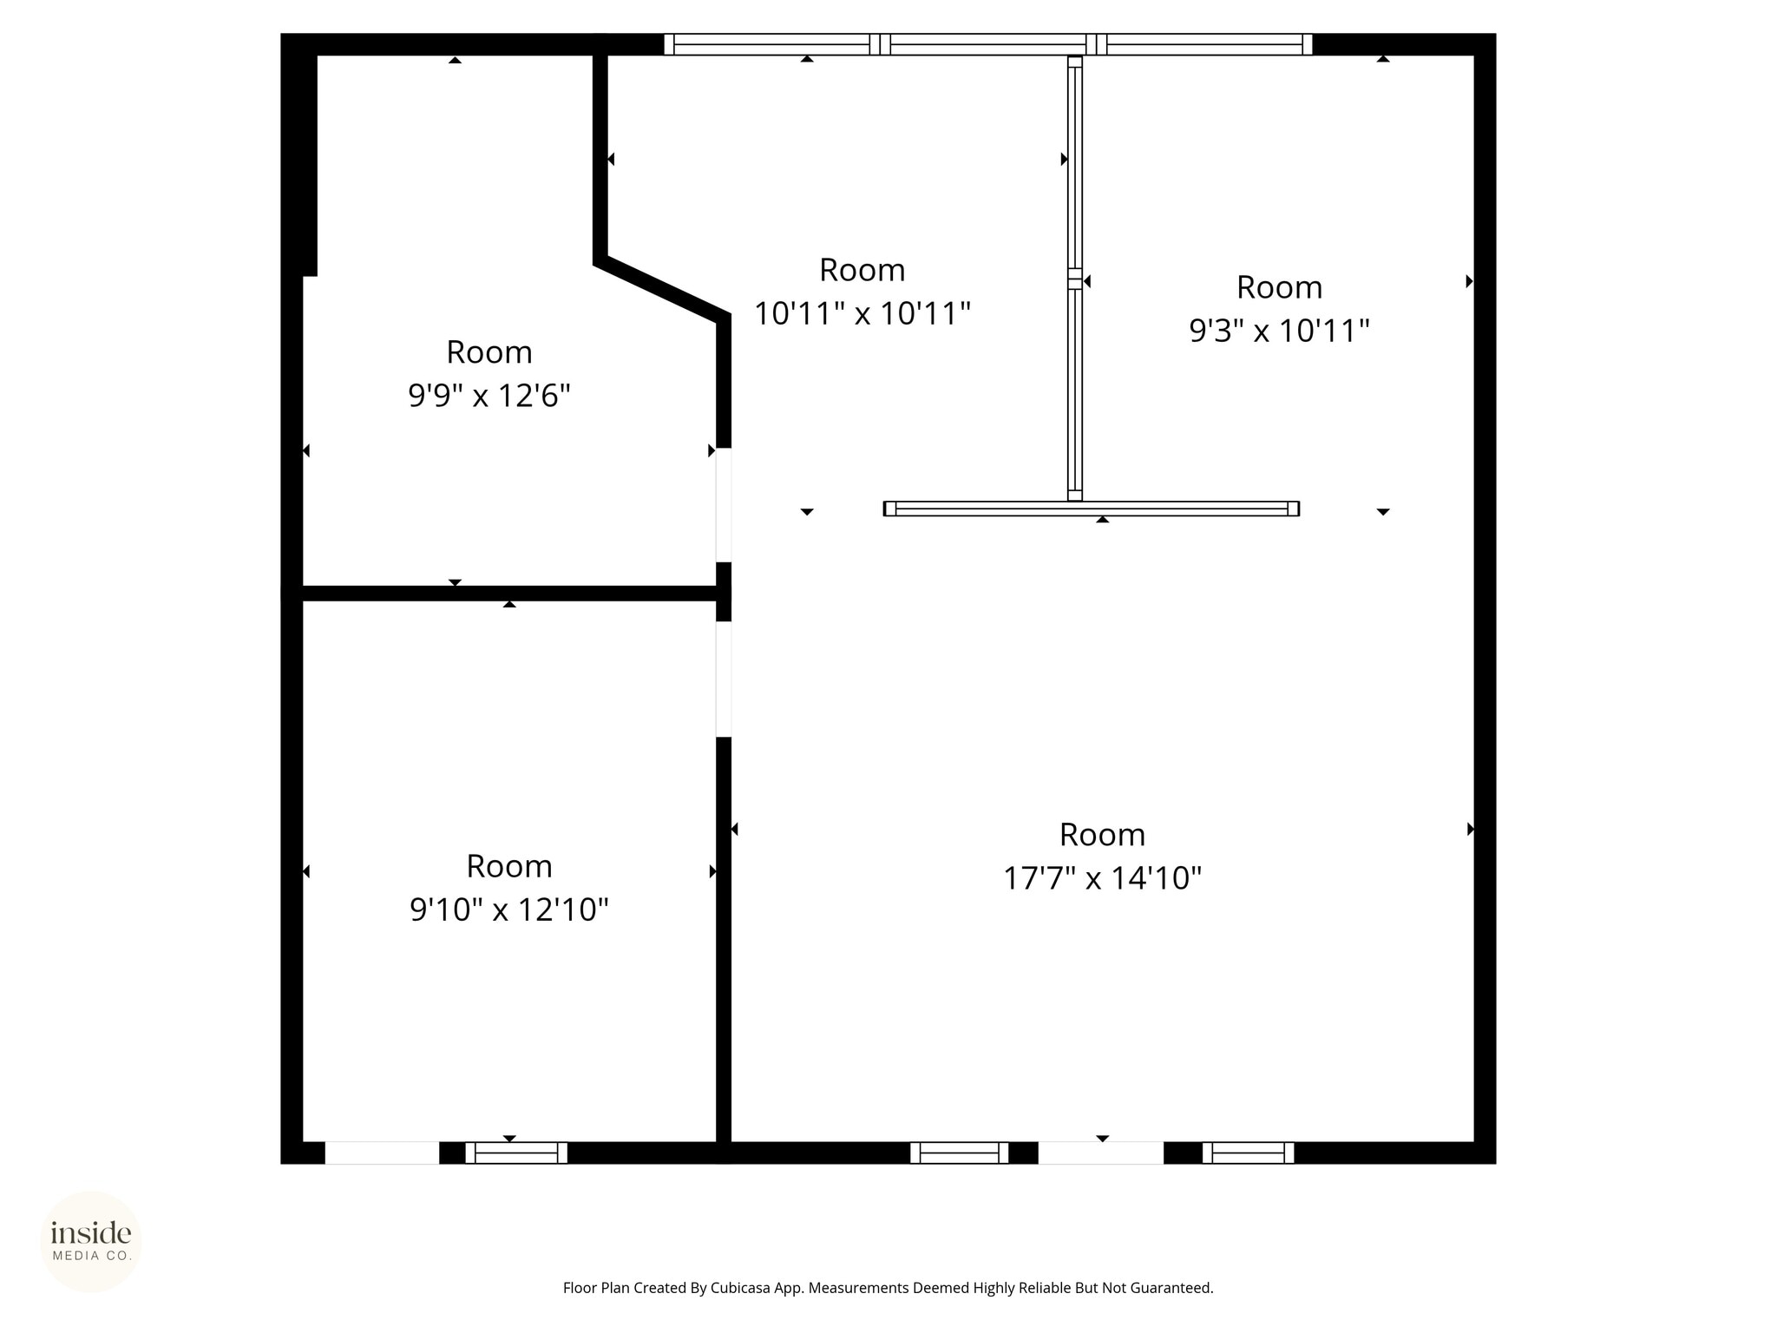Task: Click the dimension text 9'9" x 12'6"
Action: [x=489, y=396]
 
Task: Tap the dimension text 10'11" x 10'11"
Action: [x=862, y=313]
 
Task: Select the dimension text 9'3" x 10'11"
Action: [x=1279, y=331]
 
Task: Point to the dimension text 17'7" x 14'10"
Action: [x=1102, y=878]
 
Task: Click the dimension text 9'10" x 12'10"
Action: [x=509, y=909]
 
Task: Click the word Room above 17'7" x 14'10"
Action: [x=1102, y=835]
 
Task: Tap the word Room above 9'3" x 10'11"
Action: [x=1279, y=287]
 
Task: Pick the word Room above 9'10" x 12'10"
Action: [x=509, y=866]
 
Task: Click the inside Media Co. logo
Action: [x=91, y=1241]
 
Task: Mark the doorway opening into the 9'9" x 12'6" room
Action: [x=723, y=505]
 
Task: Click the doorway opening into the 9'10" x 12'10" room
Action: [x=723, y=680]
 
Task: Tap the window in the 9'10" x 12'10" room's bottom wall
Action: [x=516, y=1152]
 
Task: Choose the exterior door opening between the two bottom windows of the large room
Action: [x=1100, y=1152]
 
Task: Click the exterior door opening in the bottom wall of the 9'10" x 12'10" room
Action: [x=382, y=1152]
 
